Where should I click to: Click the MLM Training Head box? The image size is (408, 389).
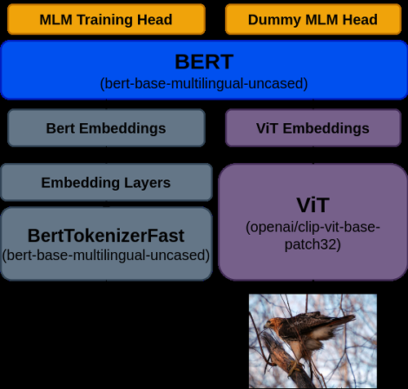[106, 20]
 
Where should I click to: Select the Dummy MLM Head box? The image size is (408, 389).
[313, 20]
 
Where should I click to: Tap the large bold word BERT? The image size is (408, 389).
[204, 62]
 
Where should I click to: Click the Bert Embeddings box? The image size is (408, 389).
[106, 128]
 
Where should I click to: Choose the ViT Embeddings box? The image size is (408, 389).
[313, 128]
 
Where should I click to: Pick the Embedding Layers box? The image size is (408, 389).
[106, 182]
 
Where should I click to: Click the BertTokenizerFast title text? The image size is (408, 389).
[106, 236]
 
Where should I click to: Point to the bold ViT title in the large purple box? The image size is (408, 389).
[313, 205]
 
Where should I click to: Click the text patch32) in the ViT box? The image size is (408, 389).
[313, 245]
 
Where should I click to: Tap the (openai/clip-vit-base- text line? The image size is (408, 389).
[313, 227]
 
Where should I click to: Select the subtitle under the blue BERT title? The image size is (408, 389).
[204, 83]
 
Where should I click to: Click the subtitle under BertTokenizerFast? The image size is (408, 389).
[106, 255]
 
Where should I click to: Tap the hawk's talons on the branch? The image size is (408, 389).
[295, 365]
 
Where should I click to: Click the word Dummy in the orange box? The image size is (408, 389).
[274, 20]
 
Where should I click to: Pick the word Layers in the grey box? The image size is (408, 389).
[148, 183]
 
